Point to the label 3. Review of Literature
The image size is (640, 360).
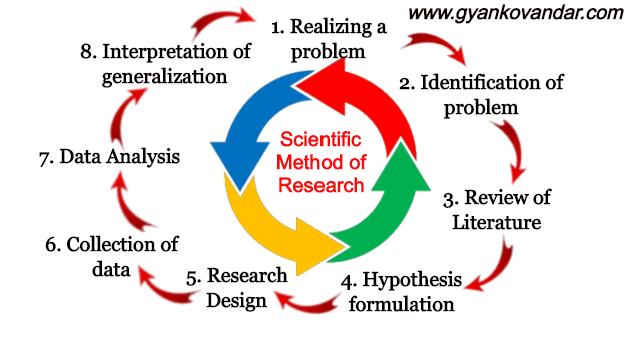(x=496, y=208)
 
